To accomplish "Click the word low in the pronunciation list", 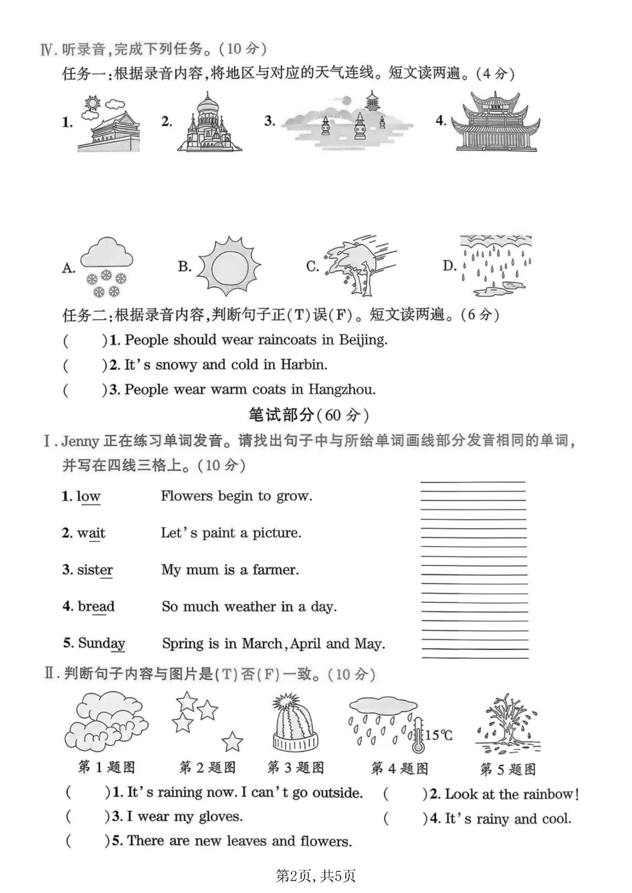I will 88,497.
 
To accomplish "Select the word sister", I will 95,570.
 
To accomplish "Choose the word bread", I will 96,606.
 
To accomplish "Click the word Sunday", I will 101,643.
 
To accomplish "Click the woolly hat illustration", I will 295,723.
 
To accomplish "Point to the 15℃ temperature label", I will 438,735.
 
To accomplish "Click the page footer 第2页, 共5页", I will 315,875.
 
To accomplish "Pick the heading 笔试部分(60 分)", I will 309,415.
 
